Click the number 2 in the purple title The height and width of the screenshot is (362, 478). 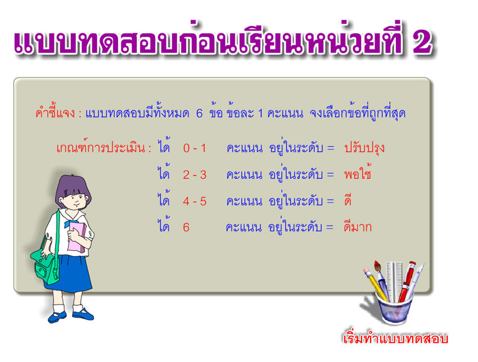[x=422, y=42]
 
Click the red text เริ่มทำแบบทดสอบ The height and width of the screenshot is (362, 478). [x=395, y=338]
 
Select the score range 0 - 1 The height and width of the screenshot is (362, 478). [x=195, y=148]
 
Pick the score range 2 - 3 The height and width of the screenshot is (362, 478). [x=195, y=175]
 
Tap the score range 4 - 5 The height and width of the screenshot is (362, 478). [x=195, y=201]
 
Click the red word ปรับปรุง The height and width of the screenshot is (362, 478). [x=364, y=148]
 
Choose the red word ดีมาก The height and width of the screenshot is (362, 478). [x=358, y=226]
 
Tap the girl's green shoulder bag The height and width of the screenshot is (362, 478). [x=46, y=262]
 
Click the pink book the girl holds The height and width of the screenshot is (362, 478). [x=76, y=237]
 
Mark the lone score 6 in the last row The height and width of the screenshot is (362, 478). [x=186, y=227]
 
